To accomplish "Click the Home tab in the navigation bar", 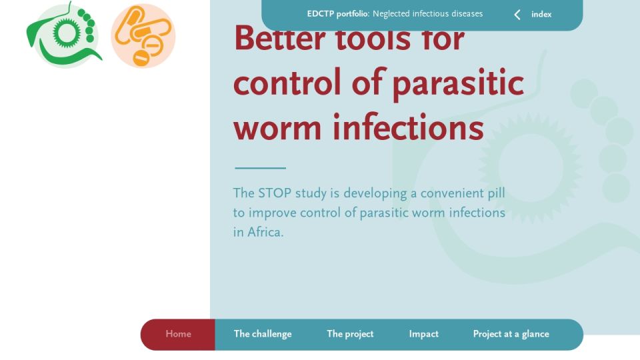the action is click(x=178, y=334).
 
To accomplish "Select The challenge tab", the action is click(x=263, y=334).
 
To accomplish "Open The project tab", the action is click(x=350, y=334).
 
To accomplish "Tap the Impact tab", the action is click(x=424, y=334).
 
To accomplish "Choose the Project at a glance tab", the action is click(x=511, y=334).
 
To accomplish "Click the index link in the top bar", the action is click(x=541, y=14).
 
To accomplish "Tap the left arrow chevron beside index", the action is click(x=517, y=15).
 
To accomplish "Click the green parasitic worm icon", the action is click(x=64, y=35).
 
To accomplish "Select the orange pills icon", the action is click(x=143, y=35).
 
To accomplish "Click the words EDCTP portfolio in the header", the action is click(x=338, y=14).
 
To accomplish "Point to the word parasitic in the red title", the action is click(x=459, y=83).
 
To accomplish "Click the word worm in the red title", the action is click(x=277, y=128).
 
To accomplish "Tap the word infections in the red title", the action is click(x=409, y=127).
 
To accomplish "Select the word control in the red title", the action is click(x=287, y=81).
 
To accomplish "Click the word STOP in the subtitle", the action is click(x=275, y=193).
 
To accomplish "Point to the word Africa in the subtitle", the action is click(x=265, y=232).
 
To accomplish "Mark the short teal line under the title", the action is click(x=261, y=168).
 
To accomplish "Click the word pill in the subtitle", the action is click(x=497, y=193).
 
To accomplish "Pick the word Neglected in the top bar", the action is click(x=389, y=14).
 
